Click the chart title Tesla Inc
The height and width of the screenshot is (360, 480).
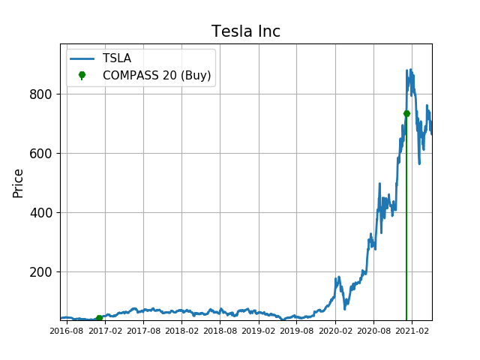click(x=246, y=31)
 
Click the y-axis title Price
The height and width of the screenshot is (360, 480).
click(x=19, y=182)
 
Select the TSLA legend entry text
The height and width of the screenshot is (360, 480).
click(x=117, y=58)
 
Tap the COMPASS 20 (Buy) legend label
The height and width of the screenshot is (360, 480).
click(x=157, y=75)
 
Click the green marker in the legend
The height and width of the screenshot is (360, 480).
click(x=82, y=75)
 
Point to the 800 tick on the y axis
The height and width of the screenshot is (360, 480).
click(x=41, y=94)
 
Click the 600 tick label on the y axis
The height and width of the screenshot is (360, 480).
click(x=41, y=154)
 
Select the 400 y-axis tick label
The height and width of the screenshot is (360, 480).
click(x=41, y=213)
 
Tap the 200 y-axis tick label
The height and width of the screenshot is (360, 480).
click(x=41, y=272)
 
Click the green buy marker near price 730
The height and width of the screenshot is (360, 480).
click(x=406, y=113)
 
